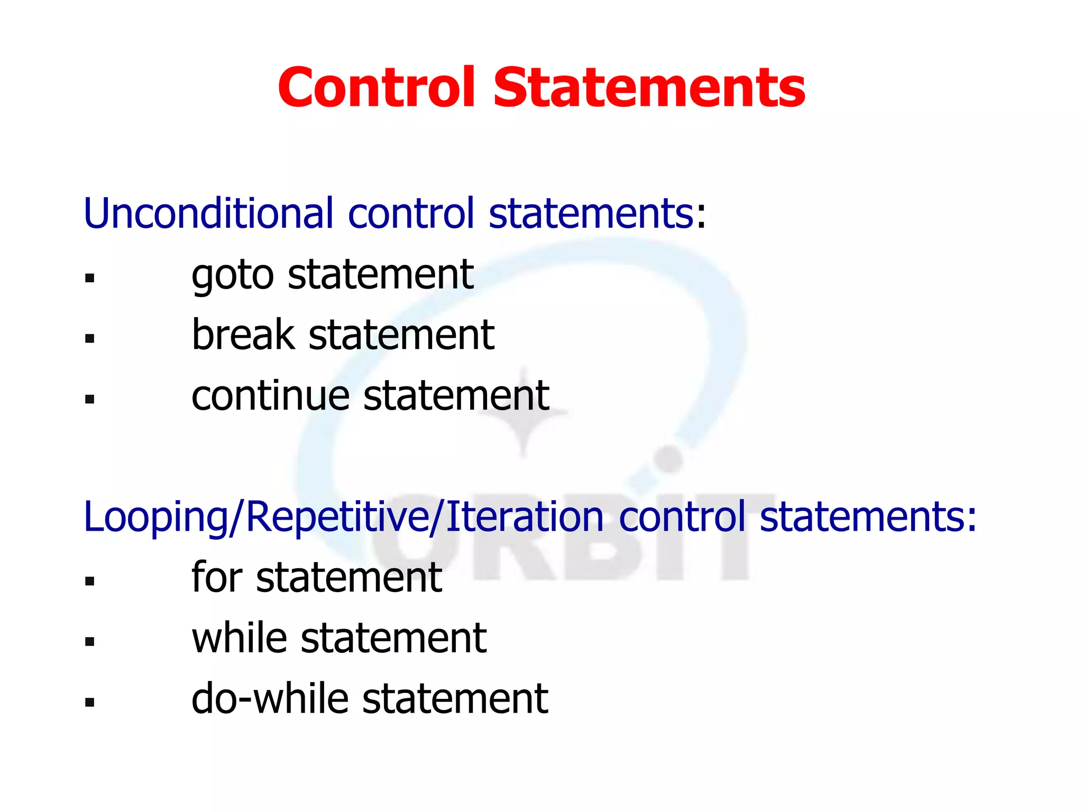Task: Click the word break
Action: click(x=243, y=335)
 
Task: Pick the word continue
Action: click(x=270, y=396)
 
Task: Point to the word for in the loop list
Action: click(x=216, y=577)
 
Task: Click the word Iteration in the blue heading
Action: click(x=524, y=517)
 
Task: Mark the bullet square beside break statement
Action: click(x=89, y=339)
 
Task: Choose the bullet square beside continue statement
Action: click(x=89, y=400)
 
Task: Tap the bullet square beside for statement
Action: click(x=89, y=582)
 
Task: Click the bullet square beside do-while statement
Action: click(x=89, y=703)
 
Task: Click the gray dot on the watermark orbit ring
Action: click(x=669, y=459)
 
